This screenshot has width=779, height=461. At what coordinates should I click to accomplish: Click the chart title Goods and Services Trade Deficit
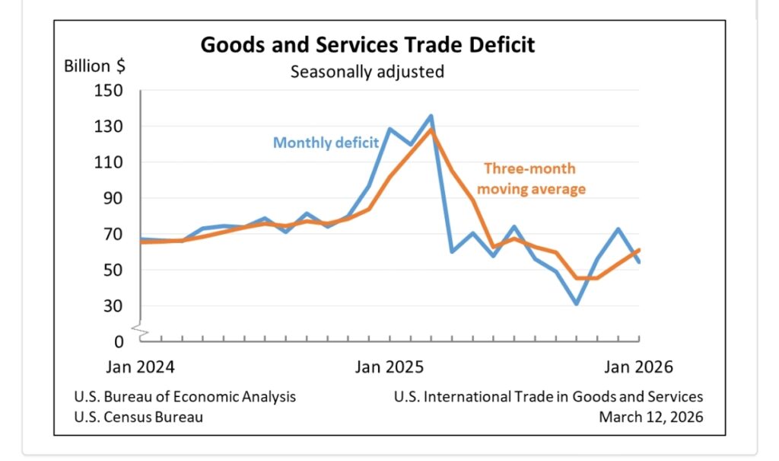click(367, 45)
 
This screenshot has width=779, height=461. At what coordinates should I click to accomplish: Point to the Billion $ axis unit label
click(95, 66)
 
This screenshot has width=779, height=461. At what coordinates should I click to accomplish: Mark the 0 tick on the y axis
click(119, 342)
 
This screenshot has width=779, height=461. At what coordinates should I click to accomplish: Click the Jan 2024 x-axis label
click(140, 367)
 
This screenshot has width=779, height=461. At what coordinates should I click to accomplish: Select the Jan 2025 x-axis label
click(389, 367)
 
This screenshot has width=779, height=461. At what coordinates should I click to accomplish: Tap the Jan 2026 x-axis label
click(639, 367)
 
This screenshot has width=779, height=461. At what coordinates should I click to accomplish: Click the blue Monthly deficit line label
click(326, 142)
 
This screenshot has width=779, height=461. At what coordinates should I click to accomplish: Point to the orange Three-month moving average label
click(535, 178)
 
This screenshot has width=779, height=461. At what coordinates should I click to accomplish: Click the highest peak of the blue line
click(431, 116)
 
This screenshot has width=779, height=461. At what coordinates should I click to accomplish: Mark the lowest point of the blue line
click(577, 304)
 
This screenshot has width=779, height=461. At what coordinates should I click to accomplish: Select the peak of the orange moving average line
click(431, 129)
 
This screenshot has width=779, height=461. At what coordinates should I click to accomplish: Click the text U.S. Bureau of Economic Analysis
click(185, 396)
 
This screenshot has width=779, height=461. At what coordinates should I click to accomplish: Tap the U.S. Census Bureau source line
click(138, 417)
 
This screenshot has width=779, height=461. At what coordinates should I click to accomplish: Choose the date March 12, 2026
click(650, 417)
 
